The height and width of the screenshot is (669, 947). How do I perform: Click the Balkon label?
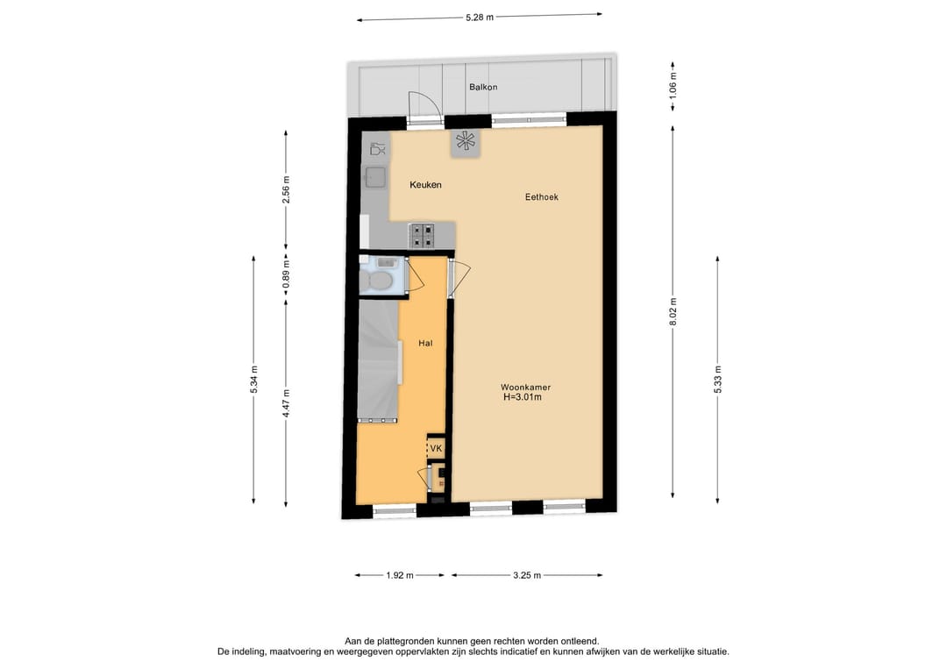pos(483,88)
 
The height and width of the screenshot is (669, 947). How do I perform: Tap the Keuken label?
pos(425,185)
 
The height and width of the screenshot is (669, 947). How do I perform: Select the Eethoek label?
pos(541,197)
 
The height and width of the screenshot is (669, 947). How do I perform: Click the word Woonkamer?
pos(525,387)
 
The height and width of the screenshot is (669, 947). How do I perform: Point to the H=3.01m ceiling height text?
pos(522,397)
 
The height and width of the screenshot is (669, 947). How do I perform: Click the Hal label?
pos(425,344)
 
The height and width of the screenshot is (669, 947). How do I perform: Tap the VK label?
pos(436,449)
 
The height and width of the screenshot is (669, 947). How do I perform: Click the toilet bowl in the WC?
pos(381,281)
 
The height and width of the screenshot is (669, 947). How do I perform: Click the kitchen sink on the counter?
pos(376,178)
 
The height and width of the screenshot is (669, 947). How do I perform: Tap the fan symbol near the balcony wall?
pos(466,142)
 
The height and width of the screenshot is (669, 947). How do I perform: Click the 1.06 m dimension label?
pos(673,85)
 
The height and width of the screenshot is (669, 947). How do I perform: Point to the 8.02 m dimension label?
pos(673,310)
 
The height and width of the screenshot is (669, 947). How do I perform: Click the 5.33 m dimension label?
pos(718,379)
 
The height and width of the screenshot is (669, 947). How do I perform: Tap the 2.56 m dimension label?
pos(285,189)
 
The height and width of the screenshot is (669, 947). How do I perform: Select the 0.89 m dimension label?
pos(285,274)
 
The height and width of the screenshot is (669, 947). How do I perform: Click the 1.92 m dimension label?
pos(399,576)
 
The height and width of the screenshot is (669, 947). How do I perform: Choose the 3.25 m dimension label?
pos(526,576)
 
